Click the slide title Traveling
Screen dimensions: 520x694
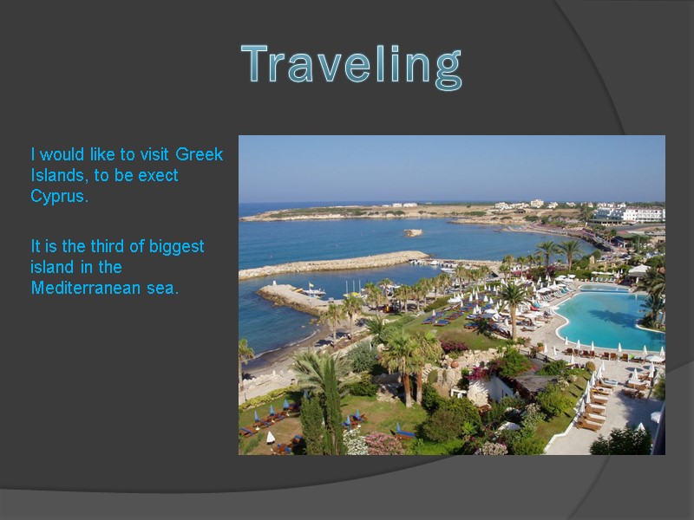point(351,66)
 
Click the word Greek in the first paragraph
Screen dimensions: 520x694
point(199,155)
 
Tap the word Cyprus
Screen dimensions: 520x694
point(59,196)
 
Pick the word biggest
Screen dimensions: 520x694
point(177,247)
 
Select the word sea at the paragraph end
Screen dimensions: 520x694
point(162,288)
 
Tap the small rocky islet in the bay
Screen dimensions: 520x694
point(413,232)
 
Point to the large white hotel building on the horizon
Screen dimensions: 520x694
point(642,213)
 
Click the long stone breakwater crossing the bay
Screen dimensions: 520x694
point(334,263)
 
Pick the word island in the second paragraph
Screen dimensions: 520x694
point(53,267)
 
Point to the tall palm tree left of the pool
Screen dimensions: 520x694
point(514,299)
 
